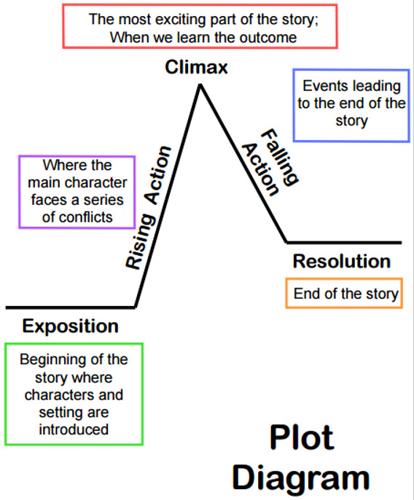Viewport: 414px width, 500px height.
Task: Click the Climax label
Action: pyautogui.click(x=196, y=67)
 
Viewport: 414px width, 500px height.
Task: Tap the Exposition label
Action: pyautogui.click(x=71, y=327)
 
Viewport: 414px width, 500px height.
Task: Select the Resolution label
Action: pyautogui.click(x=342, y=262)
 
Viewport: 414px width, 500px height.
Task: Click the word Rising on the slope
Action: pyautogui.click(x=141, y=241)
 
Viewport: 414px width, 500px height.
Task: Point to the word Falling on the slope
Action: pyautogui.click(x=279, y=157)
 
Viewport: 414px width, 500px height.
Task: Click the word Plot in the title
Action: pyautogui.click(x=302, y=438)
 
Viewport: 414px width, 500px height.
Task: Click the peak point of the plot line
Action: pyautogui.click(x=200, y=85)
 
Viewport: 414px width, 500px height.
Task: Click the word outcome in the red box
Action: pyautogui.click(x=268, y=38)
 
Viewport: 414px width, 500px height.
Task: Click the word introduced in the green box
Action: pyautogui.click(x=74, y=429)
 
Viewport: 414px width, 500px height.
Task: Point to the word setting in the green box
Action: pyautogui.click(x=60, y=413)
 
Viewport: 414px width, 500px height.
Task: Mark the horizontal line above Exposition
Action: pyautogui.click(x=71, y=308)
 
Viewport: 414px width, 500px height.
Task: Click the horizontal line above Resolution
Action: pyautogui.click(x=344, y=243)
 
